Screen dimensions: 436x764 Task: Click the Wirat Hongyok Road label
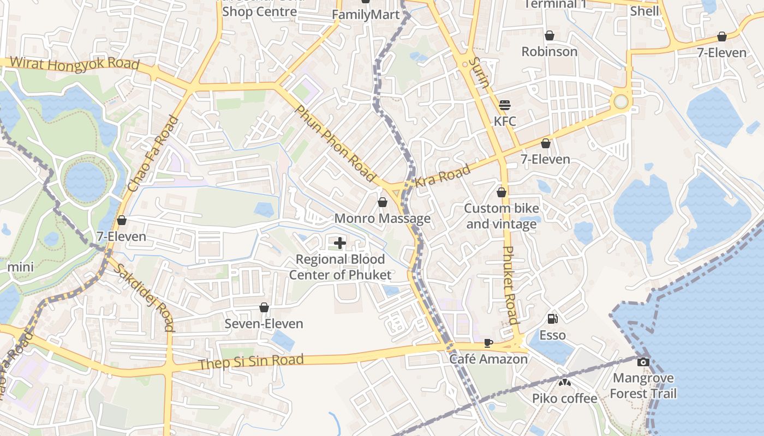point(75,64)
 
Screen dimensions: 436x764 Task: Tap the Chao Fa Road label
point(153,154)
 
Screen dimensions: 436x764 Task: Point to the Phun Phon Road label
point(336,143)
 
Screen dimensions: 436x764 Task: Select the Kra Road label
point(443,176)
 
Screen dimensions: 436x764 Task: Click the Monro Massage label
point(382,219)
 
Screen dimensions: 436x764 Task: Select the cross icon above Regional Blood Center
point(340,243)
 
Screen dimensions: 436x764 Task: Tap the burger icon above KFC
point(504,105)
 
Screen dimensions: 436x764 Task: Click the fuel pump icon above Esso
point(552,319)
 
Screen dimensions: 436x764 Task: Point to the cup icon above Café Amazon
point(488,343)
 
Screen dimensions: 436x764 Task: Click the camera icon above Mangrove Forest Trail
point(643,362)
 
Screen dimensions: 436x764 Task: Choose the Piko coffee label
point(565,398)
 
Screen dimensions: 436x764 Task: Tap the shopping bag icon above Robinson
point(550,35)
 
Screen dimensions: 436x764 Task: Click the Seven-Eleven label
point(264,324)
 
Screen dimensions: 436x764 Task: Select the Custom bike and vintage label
point(502,216)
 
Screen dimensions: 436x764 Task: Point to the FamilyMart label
point(366,15)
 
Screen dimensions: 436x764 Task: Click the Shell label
point(644,11)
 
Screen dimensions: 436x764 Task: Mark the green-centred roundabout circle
point(621,101)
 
